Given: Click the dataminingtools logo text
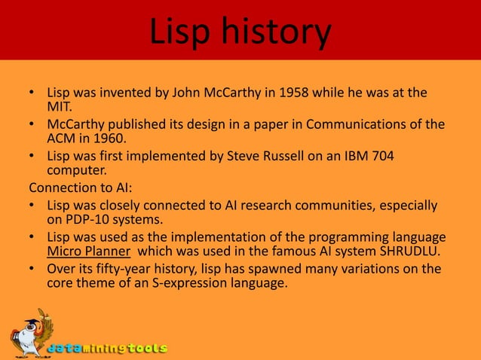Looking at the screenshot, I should click(107, 349).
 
